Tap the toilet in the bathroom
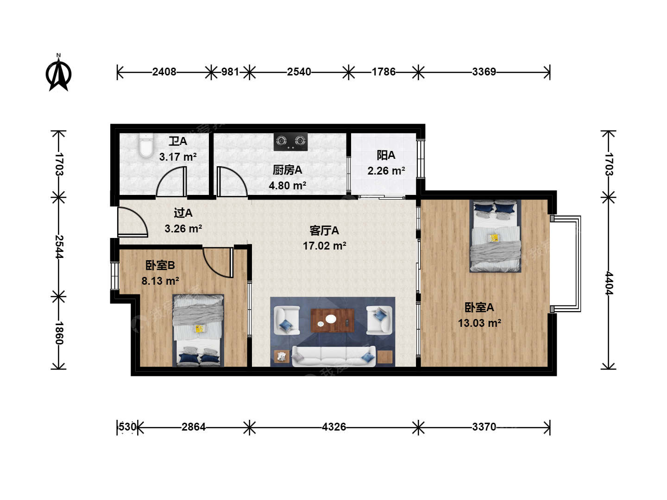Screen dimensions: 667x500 tap(146, 145)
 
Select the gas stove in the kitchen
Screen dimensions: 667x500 tap(290, 142)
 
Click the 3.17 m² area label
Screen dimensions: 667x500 tap(178, 157)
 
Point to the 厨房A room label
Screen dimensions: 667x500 tap(287, 170)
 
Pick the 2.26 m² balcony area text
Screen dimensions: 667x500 tap(386, 171)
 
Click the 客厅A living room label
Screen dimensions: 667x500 tap(324, 231)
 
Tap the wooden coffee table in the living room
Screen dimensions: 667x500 tap(333, 320)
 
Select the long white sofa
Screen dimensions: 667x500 tap(333, 356)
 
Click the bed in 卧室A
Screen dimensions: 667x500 tap(495, 236)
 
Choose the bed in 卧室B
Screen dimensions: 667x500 tap(198, 330)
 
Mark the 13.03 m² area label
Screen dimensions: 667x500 tap(479, 323)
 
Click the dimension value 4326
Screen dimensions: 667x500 tap(334, 427)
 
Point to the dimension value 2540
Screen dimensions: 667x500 tap(299, 72)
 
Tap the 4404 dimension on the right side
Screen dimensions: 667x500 tap(609, 283)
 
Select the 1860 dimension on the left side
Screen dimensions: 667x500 tap(59, 333)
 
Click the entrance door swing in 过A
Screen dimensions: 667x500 tap(133, 222)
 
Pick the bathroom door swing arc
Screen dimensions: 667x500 tap(171, 181)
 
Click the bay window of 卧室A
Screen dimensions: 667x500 tap(566, 264)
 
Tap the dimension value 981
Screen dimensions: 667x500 tap(230, 72)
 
